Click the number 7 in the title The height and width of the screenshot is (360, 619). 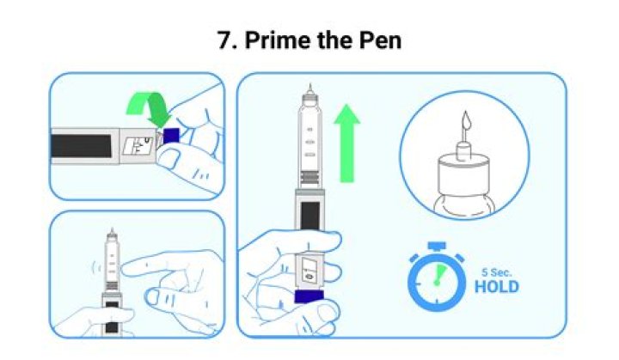[x=225, y=40]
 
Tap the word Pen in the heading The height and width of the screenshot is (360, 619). [x=379, y=40]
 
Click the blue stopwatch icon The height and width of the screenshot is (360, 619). [x=436, y=280]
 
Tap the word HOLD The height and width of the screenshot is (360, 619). [x=496, y=287]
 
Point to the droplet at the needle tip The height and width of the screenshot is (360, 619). [x=464, y=124]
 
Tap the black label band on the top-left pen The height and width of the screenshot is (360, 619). [x=82, y=145]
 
